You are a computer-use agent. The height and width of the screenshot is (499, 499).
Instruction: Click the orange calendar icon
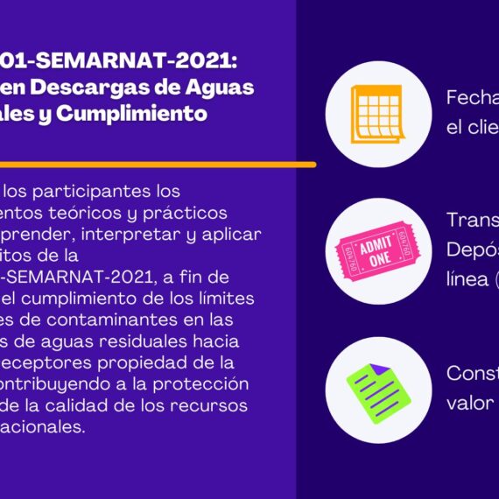point(376,113)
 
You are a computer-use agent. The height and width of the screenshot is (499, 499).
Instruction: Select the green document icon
point(375,389)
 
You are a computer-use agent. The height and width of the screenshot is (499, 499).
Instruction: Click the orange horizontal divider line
point(158,164)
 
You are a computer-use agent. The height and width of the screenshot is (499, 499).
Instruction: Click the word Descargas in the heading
point(102,88)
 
